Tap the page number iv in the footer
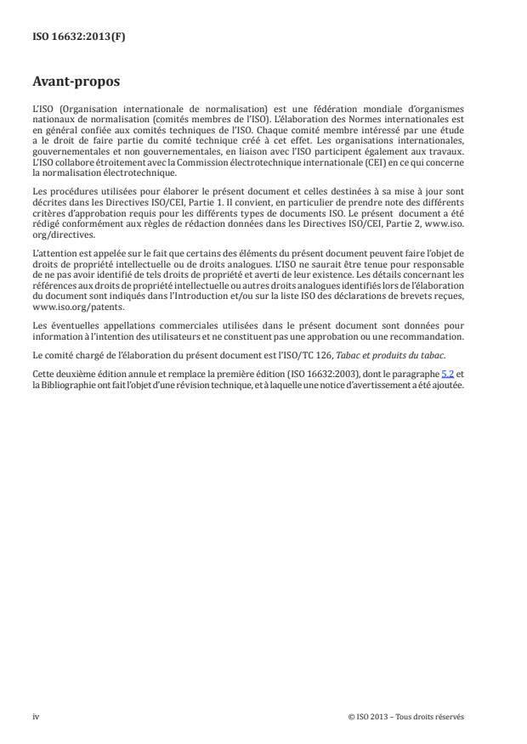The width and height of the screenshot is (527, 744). click(x=36, y=717)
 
